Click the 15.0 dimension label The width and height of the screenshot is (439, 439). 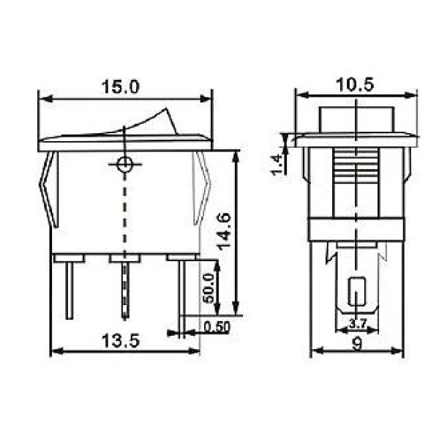pyautogui.click(x=121, y=86)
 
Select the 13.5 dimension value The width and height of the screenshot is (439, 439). pyautogui.click(x=121, y=341)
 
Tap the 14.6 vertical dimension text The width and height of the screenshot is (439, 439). pyautogui.click(x=225, y=231)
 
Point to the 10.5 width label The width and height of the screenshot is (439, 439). pyautogui.click(x=355, y=85)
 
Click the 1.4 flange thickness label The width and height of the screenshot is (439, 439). pyautogui.click(x=277, y=165)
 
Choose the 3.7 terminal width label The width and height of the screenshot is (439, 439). pyautogui.click(x=358, y=323)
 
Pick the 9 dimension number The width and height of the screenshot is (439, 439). pyautogui.click(x=357, y=344)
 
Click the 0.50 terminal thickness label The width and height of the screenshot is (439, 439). pyautogui.click(x=217, y=327)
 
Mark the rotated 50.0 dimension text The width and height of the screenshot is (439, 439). pyautogui.click(x=209, y=288)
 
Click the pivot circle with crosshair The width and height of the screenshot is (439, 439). pyautogui.click(x=124, y=165)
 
